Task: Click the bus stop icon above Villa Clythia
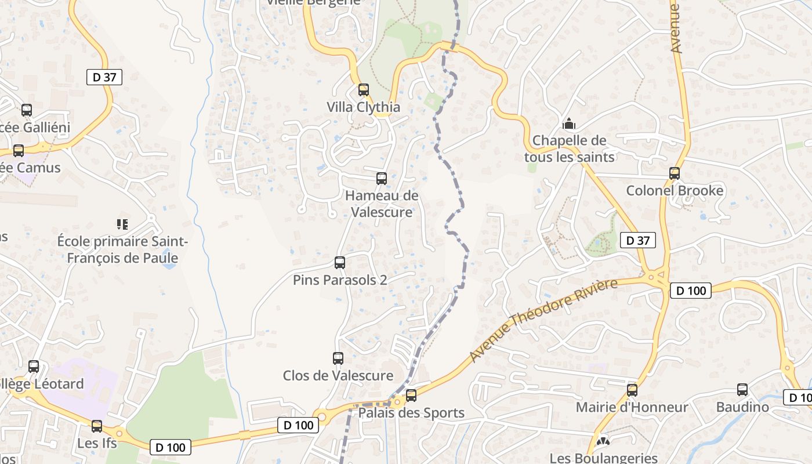[364, 90]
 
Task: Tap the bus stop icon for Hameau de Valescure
[382, 179]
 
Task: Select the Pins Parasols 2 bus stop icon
[340, 263]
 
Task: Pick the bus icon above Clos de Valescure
[338, 358]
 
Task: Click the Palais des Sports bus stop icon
[411, 396]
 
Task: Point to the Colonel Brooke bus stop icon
[674, 173]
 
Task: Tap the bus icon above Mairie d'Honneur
[632, 390]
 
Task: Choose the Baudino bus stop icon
[742, 390]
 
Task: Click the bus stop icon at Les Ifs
[97, 426]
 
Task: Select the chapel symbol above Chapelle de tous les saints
[569, 124]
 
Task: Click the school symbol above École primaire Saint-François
[122, 224]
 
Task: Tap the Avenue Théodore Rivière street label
[543, 320]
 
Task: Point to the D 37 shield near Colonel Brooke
[637, 240]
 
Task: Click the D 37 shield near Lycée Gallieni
[104, 77]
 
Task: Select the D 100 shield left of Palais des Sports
[299, 425]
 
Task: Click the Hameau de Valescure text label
[382, 204]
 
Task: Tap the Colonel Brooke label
[675, 191]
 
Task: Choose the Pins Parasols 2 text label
[340, 280]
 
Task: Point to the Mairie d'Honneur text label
[632, 407]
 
